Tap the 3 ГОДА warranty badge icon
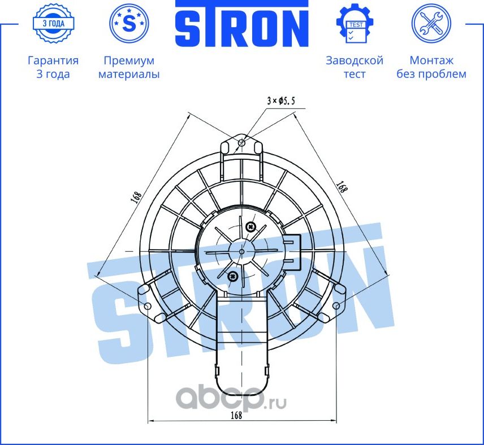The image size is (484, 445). pyautogui.click(x=53, y=23)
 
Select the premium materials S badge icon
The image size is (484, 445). pyautogui.click(x=129, y=23)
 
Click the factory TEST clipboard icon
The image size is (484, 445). pyautogui.click(x=355, y=24)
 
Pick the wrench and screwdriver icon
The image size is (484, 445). pyautogui.click(x=431, y=23)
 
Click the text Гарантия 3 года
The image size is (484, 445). pyautogui.click(x=53, y=67)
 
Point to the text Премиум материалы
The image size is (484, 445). pyautogui.click(x=129, y=67)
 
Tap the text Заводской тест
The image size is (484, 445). pyautogui.click(x=355, y=67)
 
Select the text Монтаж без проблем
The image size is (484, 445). pyautogui.click(x=431, y=67)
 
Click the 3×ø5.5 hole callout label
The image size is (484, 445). pyautogui.click(x=282, y=101)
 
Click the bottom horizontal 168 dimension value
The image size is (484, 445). pyautogui.click(x=236, y=415)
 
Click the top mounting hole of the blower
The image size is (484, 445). pyautogui.click(x=242, y=142)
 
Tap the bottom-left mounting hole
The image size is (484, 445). pyautogui.click(x=148, y=306)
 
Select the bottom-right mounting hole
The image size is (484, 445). pyautogui.click(x=336, y=306)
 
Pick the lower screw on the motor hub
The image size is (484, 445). pyautogui.click(x=232, y=276)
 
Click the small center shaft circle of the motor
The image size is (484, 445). pyautogui.click(x=242, y=251)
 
